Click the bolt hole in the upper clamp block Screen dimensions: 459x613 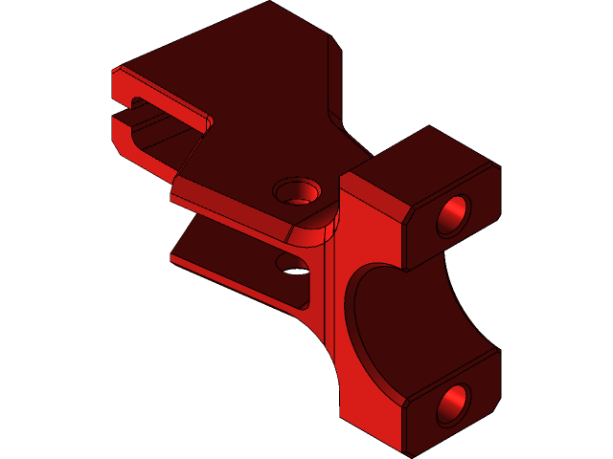pos(454,215)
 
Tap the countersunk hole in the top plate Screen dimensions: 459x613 pos(297,191)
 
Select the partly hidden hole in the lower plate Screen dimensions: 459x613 pos(292,264)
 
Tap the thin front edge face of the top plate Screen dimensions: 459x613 pos(230,210)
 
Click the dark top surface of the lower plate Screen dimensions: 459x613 pos(230,249)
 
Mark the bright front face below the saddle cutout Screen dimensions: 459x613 pos(369,411)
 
